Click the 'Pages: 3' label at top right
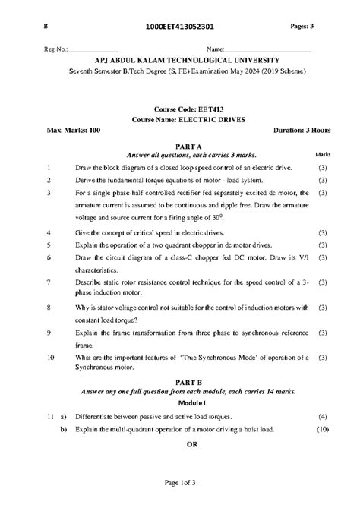(308, 27)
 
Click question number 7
(49, 282)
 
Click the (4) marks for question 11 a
(323, 417)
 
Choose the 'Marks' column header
(323, 154)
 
